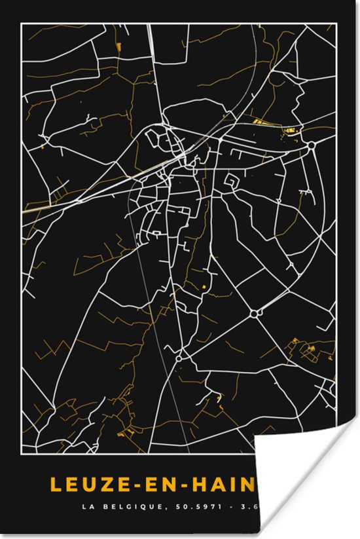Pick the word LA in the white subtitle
pyautogui.click(x=86, y=506)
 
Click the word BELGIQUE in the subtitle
pyautogui.click(x=122, y=506)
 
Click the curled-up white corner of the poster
pyautogui.click(x=308, y=485)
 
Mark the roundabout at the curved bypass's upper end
pyautogui.click(x=312, y=145)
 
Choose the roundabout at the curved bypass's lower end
pyautogui.click(x=254, y=314)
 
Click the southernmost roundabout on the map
pyautogui.click(x=178, y=359)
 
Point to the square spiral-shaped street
pyautogui.click(x=232, y=181)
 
